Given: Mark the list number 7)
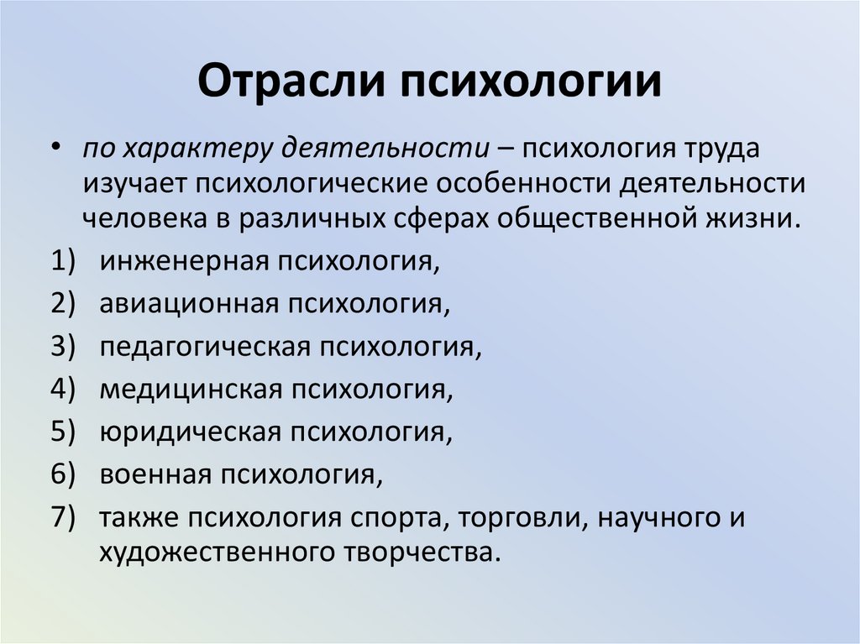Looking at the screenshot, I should (64, 517).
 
